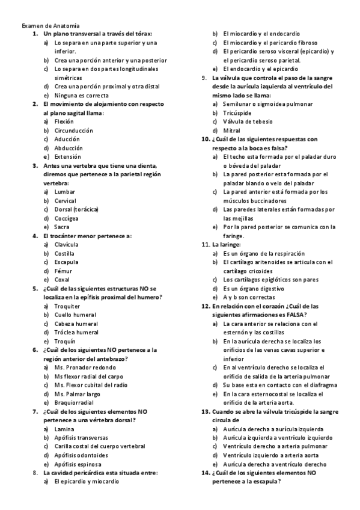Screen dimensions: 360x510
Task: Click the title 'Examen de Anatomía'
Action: [50, 26]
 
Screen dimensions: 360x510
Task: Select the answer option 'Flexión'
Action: [64, 121]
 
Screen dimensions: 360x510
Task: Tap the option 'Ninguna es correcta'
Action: [81, 95]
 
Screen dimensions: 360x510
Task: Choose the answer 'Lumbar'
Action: [65, 192]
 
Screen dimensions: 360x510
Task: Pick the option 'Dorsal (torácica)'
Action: [76, 209]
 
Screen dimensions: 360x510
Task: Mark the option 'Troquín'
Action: [65, 340]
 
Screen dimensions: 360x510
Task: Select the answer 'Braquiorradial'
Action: [74, 402]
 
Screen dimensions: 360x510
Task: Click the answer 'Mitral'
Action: [231, 130]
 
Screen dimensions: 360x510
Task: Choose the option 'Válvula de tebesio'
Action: [248, 121]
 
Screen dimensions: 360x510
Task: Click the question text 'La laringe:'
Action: [227, 245]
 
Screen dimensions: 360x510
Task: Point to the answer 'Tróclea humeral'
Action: [76, 332]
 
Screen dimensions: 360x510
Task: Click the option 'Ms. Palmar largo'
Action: [76, 393]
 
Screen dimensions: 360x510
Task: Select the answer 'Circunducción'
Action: [73, 131]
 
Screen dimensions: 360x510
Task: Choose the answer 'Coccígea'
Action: [66, 218]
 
